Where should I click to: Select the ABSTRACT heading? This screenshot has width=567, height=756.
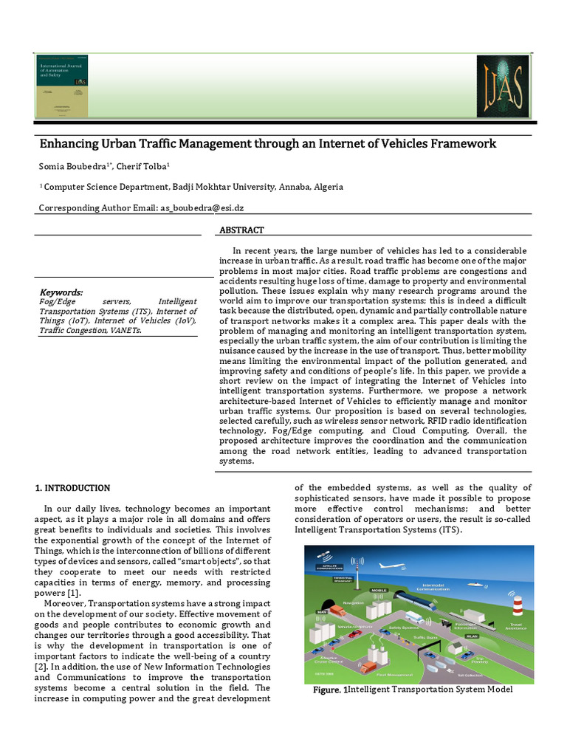[x=241, y=230]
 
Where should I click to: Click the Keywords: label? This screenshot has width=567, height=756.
[x=61, y=292]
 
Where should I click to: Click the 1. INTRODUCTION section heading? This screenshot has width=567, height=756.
[x=73, y=488]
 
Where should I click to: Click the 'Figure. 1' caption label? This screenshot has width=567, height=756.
[x=329, y=690]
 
